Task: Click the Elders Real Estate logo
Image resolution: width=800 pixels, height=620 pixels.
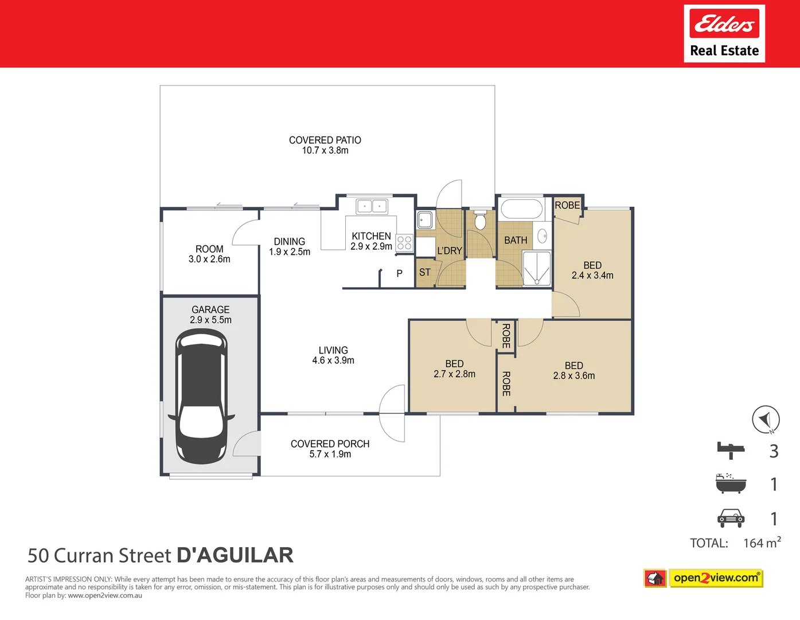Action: point(724,33)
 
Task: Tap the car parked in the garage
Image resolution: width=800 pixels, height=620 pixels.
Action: point(201,397)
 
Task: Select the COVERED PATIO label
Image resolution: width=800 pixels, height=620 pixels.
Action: point(325,145)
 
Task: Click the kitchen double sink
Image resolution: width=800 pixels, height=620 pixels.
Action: point(372,206)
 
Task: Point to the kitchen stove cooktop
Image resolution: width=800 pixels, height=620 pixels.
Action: point(404,243)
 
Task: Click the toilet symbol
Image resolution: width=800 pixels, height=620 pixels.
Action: point(481,220)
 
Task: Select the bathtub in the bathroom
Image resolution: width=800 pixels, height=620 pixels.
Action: point(521,210)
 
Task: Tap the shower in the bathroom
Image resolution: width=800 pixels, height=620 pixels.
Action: point(537,268)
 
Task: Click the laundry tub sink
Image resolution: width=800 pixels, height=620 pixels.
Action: point(424,220)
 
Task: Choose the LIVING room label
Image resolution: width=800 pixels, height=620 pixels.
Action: point(333,355)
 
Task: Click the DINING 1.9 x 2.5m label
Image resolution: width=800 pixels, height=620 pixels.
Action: point(290,247)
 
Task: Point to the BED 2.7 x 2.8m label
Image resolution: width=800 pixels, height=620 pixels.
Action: point(454,369)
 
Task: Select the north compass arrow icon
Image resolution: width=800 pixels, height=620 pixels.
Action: point(766,420)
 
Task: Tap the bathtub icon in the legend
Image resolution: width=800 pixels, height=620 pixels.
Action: point(731,484)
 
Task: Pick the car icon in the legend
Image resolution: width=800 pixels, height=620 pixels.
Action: point(731,518)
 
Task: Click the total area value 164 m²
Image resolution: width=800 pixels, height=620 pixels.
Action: point(762,543)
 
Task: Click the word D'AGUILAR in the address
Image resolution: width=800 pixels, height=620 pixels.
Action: point(235,556)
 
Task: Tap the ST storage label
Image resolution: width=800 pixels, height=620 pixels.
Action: point(424,273)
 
